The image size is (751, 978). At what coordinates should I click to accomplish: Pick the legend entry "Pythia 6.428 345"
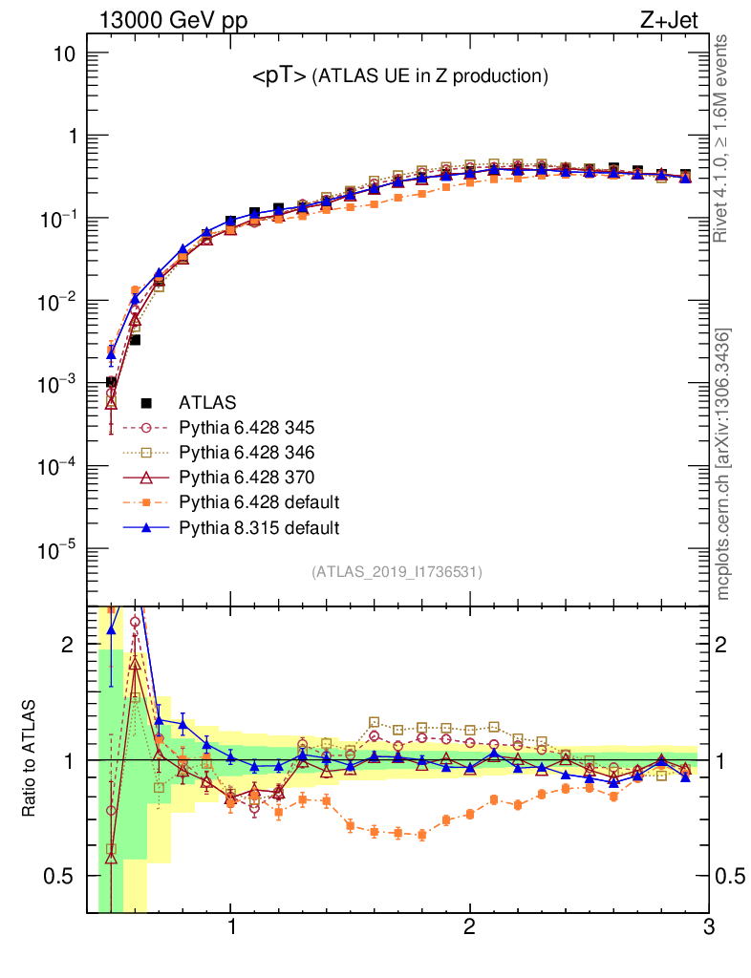(260, 427)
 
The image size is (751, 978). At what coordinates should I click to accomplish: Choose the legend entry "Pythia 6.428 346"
(260, 452)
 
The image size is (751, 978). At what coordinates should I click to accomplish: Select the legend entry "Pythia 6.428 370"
(260, 477)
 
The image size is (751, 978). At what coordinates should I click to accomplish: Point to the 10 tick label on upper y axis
(65, 53)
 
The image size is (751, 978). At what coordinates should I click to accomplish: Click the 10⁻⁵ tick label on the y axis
(59, 551)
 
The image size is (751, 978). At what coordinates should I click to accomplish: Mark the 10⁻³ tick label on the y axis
(59, 385)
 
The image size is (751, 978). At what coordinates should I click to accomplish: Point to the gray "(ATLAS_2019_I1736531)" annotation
(397, 572)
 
